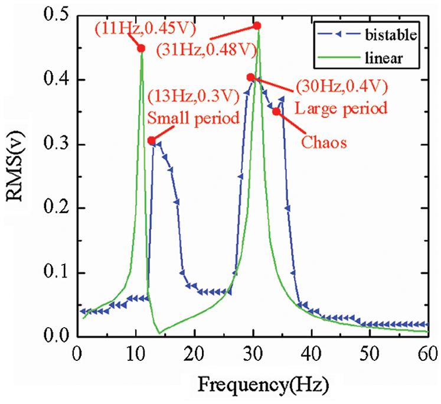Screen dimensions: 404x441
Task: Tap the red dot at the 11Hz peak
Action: point(141,48)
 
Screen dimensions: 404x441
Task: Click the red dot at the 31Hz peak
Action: point(257,26)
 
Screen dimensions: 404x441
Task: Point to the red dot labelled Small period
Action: point(152,141)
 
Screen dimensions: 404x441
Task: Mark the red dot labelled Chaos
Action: point(276,112)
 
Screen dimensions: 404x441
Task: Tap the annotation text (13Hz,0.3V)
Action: point(195,95)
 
